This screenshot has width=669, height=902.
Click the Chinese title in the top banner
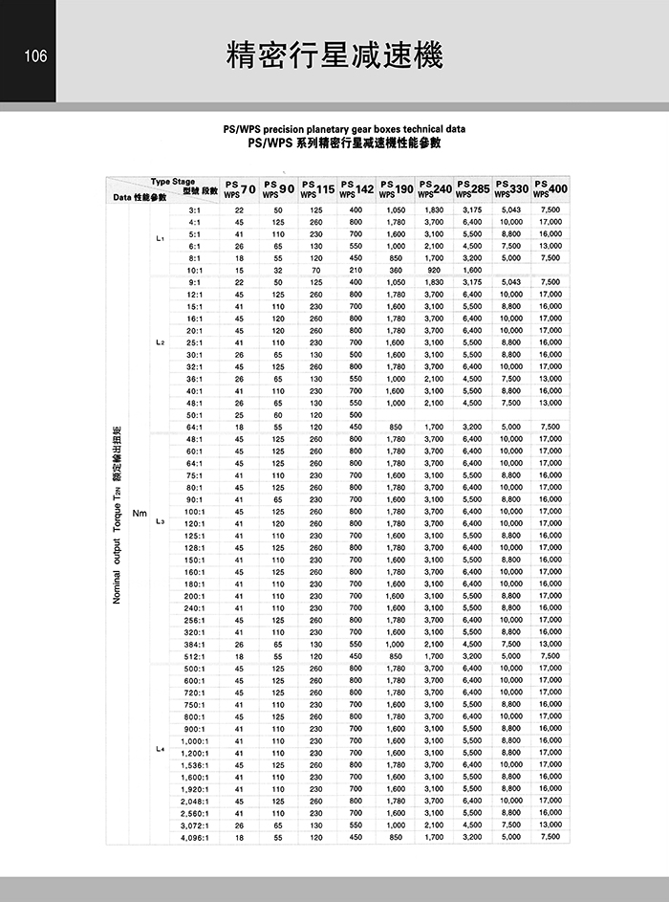click(x=334, y=55)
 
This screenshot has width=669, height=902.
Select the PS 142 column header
click(x=356, y=188)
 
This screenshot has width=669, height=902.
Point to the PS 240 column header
click(x=435, y=188)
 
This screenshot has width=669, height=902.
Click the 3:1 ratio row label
click(x=195, y=209)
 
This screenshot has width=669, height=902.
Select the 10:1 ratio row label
click(x=195, y=270)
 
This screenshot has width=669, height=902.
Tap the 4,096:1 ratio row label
click(x=194, y=837)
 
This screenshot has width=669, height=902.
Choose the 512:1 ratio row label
click(x=195, y=656)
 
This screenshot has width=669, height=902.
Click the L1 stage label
click(x=160, y=238)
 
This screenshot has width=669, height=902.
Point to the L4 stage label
click(x=160, y=748)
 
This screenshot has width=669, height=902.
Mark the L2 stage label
click(x=160, y=341)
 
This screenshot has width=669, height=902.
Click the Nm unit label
click(x=140, y=511)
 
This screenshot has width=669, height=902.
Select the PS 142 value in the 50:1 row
click(x=356, y=414)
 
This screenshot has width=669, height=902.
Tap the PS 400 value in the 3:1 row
click(x=550, y=209)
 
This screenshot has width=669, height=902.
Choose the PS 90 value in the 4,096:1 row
click(x=278, y=837)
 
